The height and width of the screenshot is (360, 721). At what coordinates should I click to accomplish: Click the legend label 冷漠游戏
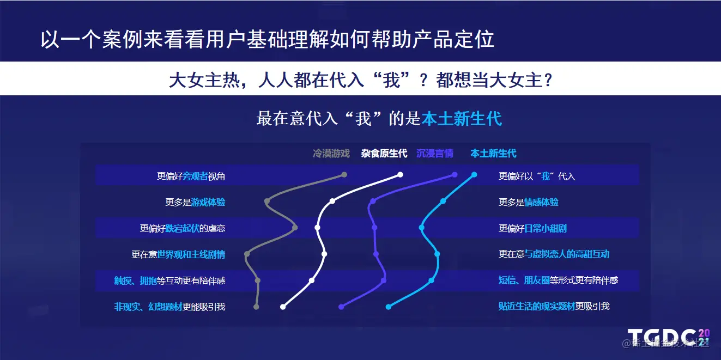(331, 154)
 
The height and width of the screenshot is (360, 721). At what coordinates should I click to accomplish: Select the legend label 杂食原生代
(384, 154)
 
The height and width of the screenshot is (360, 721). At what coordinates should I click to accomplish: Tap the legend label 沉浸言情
(435, 154)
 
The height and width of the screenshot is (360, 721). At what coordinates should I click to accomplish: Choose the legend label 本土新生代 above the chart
(493, 154)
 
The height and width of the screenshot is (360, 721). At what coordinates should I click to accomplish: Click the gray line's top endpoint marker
(344, 175)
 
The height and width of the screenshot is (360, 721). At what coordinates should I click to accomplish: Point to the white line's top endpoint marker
(400, 175)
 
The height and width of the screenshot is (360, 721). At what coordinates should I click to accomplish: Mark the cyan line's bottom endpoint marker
(389, 307)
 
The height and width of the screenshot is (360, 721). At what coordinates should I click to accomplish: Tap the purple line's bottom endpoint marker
(341, 307)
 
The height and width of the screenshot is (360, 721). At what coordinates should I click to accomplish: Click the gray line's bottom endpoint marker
(256, 307)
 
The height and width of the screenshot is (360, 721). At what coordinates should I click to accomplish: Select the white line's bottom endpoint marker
(283, 307)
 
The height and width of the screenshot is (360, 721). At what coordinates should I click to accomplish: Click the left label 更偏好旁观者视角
(191, 176)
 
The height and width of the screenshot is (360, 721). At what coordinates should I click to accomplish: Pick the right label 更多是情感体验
(529, 203)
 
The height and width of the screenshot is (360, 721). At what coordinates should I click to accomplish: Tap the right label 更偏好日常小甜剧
(532, 228)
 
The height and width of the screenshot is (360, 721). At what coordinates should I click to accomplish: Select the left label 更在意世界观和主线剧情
(178, 254)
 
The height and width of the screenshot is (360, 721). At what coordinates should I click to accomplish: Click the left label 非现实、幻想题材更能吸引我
(169, 307)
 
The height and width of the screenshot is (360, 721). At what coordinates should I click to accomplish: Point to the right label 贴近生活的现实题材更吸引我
(554, 306)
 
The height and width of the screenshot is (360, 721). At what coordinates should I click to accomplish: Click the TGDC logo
(669, 338)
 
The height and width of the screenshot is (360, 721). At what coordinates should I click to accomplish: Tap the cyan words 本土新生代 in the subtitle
(462, 118)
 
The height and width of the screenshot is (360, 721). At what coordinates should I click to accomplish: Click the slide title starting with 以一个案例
(267, 39)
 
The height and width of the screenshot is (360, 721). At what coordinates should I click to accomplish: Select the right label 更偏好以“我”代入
(537, 176)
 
